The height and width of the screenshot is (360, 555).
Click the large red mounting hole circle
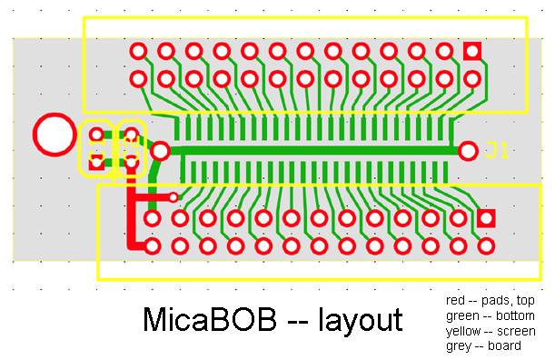[x=54, y=135]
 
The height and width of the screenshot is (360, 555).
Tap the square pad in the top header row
[x=471, y=51]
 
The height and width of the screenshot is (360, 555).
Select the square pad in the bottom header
[x=486, y=218]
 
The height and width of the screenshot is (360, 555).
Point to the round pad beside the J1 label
[x=469, y=151]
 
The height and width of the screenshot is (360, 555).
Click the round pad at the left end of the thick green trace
[x=160, y=151]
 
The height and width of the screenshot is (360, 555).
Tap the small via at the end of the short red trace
[x=174, y=196]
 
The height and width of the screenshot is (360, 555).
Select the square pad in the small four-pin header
[x=96, y=165]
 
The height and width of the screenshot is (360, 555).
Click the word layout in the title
[x=360, y=321]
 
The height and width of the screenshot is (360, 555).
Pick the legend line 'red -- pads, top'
[x=490, y=300]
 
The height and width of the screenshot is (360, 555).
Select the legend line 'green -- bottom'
[x=490, y=315]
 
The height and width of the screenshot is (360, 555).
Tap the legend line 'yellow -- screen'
[x=491, y=331]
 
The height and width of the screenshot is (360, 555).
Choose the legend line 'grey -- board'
[x=484, y=345]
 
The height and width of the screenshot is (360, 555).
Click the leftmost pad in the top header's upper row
[x=138, y=51]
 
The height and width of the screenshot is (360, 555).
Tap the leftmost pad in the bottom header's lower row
[x=153, y=246]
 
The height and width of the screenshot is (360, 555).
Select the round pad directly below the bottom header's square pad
[x=486, y=246]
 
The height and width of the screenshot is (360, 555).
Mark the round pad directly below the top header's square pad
[x=471, y=78]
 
